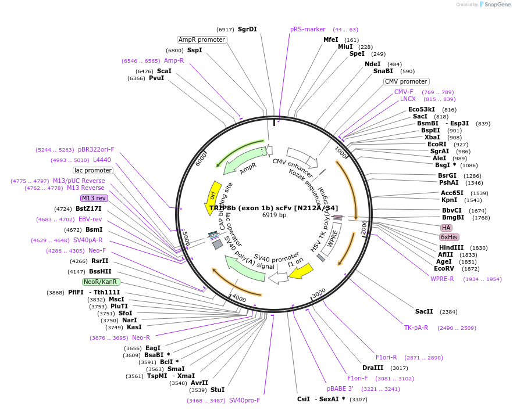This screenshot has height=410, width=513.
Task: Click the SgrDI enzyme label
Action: [x=247, y=29]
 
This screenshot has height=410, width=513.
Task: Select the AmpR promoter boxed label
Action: [x=202, y=39]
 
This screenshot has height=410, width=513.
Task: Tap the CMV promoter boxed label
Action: [x=406, y=81]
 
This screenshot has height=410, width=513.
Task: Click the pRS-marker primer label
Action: [x=308, y=29]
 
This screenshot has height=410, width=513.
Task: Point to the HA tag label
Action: [x=446, y=228]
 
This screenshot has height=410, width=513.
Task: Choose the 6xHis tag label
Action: [x=449, y=237]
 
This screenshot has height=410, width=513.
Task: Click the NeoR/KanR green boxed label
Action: [x=101, y=282]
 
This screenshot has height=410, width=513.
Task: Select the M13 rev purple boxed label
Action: [x=94, y=198]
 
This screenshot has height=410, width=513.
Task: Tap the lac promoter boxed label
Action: [x=93, y=170]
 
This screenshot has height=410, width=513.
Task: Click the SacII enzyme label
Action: [x=424, y=311]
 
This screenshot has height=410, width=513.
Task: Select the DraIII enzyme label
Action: [x=373, y=368]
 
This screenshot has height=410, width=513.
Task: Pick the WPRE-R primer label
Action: [x=442, y=279]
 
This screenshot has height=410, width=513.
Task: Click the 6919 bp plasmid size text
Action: [x=274, y=215]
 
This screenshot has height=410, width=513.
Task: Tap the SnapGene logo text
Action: [x=497, y=5]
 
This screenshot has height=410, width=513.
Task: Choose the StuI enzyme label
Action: [x=218, y=390]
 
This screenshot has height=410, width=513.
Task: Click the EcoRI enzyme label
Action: [x=437, y=144]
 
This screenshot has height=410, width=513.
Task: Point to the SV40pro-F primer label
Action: [x=244, y=400]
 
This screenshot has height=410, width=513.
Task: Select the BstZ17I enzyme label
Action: [x=88, y=208]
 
